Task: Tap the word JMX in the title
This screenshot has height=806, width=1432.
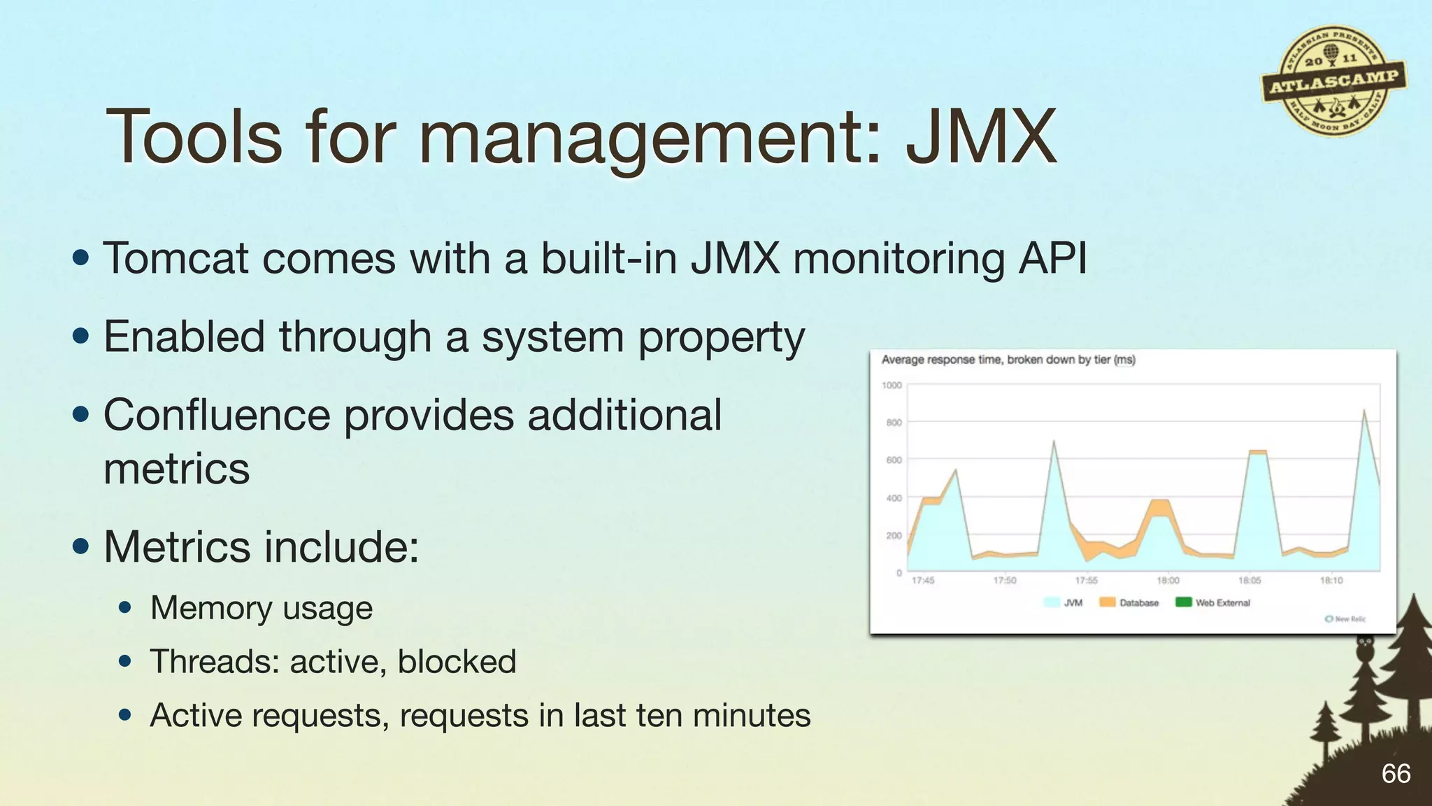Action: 980,137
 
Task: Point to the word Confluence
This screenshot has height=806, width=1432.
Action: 216,415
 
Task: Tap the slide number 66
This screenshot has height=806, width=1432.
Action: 1396,774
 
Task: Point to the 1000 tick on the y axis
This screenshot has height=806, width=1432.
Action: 892,386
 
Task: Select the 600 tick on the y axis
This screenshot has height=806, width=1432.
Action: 894,460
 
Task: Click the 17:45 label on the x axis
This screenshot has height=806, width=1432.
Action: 923,581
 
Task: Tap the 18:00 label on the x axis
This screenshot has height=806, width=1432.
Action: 1168,581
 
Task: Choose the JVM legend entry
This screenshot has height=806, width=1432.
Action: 1064,602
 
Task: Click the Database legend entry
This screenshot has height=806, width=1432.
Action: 1130,602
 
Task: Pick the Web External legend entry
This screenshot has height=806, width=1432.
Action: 1214,602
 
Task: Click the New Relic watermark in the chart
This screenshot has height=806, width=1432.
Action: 1346,619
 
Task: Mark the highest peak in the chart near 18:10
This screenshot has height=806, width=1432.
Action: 1364,411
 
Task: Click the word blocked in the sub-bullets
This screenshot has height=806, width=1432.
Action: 457,662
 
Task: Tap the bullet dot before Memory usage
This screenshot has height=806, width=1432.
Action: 125,607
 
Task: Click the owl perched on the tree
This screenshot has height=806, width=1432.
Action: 1364,647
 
